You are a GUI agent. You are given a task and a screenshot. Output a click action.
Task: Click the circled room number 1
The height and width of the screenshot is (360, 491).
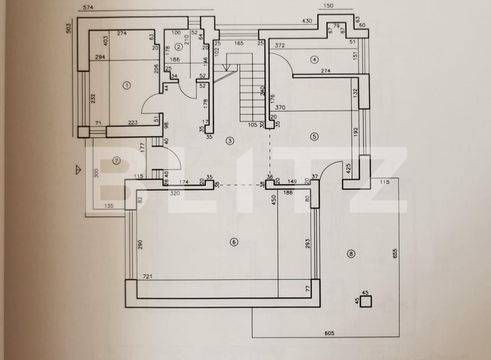127,85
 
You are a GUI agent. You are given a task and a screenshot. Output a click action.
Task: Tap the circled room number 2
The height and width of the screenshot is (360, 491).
178,47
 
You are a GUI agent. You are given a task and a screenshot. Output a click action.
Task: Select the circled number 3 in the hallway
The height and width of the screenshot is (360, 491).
230,141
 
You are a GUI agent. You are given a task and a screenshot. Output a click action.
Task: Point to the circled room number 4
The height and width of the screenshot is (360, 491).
314,60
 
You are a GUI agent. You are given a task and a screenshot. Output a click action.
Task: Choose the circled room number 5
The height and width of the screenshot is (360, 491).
314,136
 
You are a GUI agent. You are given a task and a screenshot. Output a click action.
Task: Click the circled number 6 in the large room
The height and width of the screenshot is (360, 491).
233,242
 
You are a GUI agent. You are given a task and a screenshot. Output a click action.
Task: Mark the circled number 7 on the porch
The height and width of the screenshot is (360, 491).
116,160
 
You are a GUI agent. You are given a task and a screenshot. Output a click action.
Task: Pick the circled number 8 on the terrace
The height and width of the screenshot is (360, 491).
351,254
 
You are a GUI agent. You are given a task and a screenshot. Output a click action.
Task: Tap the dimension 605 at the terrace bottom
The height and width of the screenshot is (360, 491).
329,333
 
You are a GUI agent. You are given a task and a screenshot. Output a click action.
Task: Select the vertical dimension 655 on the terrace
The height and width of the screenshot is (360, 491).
395,253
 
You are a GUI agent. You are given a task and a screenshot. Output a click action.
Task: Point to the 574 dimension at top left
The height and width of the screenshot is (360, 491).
89,7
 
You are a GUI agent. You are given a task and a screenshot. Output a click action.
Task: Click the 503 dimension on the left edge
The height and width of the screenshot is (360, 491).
69,28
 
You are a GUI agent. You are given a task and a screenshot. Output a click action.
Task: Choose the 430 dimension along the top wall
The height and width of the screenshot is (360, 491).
307,21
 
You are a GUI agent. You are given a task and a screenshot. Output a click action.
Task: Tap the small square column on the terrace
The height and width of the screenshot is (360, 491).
366,301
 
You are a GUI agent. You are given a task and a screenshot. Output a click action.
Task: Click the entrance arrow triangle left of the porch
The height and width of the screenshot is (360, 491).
78,170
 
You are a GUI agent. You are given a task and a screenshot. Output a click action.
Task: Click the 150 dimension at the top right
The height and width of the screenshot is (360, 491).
329,6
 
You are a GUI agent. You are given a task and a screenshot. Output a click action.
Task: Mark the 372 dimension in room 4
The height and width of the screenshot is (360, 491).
280,46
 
